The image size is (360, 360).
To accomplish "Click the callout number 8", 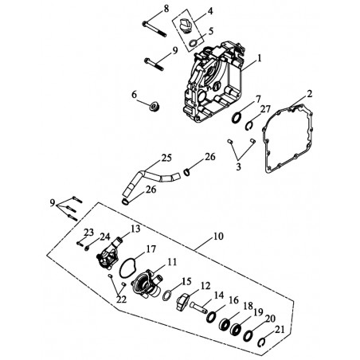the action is pyautogui.click(x=166, y=9).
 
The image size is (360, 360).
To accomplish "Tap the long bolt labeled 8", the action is pyautogui.click(x=155, y=29).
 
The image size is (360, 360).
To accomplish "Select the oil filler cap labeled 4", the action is pyautogui.click(x=186, y=25).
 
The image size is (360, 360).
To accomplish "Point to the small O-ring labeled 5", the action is pyautogui.click(x=194, y=42).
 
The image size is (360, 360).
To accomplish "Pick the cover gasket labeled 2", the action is pyautogui.click(x=288, y=138).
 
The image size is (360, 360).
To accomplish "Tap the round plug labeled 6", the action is pyautogui.click(x=154, y=106).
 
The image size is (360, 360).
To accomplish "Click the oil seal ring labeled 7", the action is pyautogui.click(x=237, y=118).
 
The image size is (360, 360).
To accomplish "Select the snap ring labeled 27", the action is pyautogui.click(x=248, y=126).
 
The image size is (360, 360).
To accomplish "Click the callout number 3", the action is pyautogui.click(x=238, y=166).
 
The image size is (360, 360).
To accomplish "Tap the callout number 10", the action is pyautogui.click(x=218, y=236).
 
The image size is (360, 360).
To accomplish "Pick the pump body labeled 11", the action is pyautogui.click(x=147, y=285).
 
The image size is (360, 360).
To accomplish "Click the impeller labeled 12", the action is pyautogui.click(x=182, y=301).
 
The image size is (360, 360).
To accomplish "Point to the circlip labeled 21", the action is pyautogui.click(x=261, y=342).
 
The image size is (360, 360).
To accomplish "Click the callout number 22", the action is pyautogui.click(x=121, y=299).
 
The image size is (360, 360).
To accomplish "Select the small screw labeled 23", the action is pyautogui.click(x=80, y=243).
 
